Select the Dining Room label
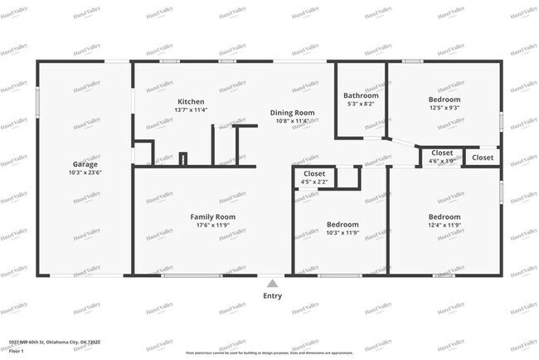tap(292, 113)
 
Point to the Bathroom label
tap(361, 95)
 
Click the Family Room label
tap(213, 217)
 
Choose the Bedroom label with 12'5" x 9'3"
tap(444, 99)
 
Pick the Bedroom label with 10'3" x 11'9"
tap(342, 225)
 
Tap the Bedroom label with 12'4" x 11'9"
tap(444, 217)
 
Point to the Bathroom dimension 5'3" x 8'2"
tap(361, 104)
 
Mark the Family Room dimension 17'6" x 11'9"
tap(213, 226)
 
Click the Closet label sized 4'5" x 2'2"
tap(314, 173)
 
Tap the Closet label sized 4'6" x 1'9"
tap(441, 153)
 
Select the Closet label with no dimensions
tap(483, 158)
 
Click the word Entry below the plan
tap(272, 296)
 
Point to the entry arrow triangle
tap(272, 284)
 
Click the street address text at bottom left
tap(55, 341)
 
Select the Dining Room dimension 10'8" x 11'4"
tap(292, 121)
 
